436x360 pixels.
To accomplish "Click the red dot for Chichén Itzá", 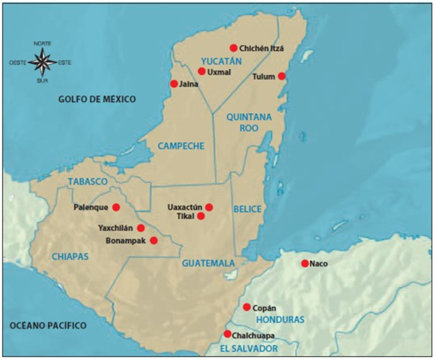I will click(x=233, y=47).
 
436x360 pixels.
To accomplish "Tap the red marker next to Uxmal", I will click(x=202, y=71).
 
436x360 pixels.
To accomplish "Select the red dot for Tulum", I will click(x=282, y=76).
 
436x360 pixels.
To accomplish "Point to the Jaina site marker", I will click(x=175, y=84).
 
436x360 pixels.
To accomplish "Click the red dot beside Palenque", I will click(x=116, y=207).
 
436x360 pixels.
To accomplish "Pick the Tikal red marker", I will click(x=201, y=216).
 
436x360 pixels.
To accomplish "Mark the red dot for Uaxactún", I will click(x=209, y=207).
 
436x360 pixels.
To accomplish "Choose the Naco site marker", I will click(x=304, y=263).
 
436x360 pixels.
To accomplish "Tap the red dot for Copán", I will click(x=246, y=307).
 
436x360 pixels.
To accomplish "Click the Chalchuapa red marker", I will click(x=227, y=334).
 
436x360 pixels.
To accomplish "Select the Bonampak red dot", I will click(x=154, y=241).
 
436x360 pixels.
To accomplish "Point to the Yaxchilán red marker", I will click(x=141, y=227).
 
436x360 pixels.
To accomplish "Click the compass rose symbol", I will click(x=43, y=61).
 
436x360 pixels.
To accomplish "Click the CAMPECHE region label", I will click(x=181, y=145).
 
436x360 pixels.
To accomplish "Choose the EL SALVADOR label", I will click(x=249, y=349).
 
